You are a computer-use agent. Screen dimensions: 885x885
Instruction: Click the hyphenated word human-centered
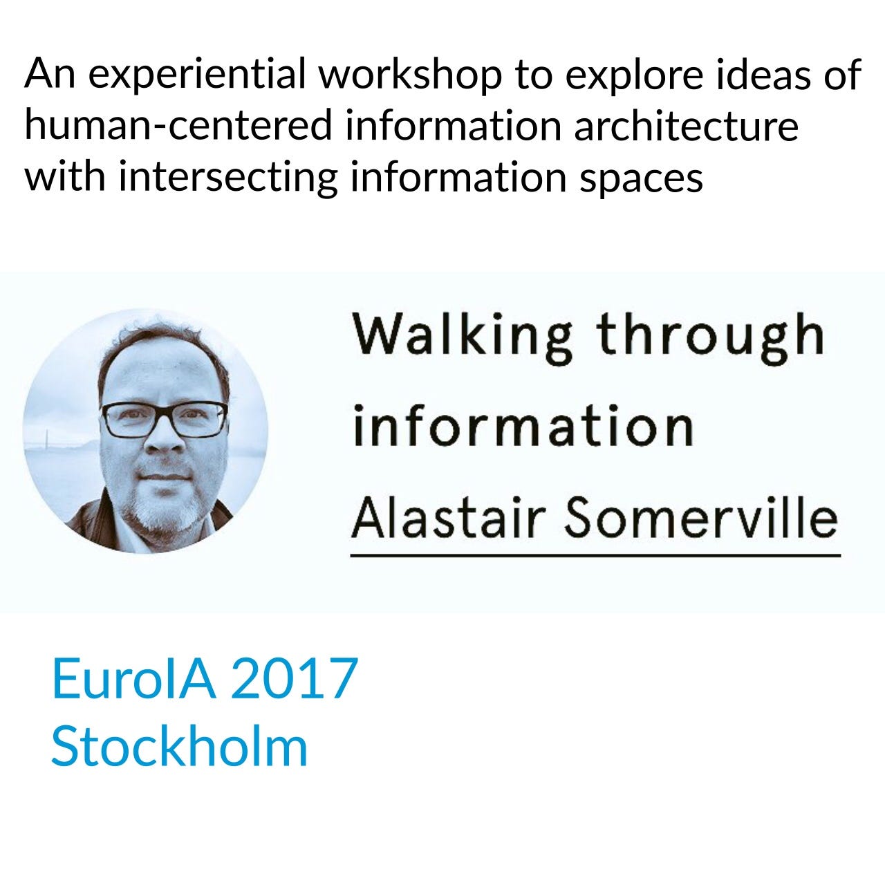[178, 124]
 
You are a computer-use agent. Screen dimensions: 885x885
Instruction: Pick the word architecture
[686, 124]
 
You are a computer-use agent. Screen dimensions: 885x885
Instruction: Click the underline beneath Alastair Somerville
[596, 556]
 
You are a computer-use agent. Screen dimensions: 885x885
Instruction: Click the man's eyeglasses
[164, 419]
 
